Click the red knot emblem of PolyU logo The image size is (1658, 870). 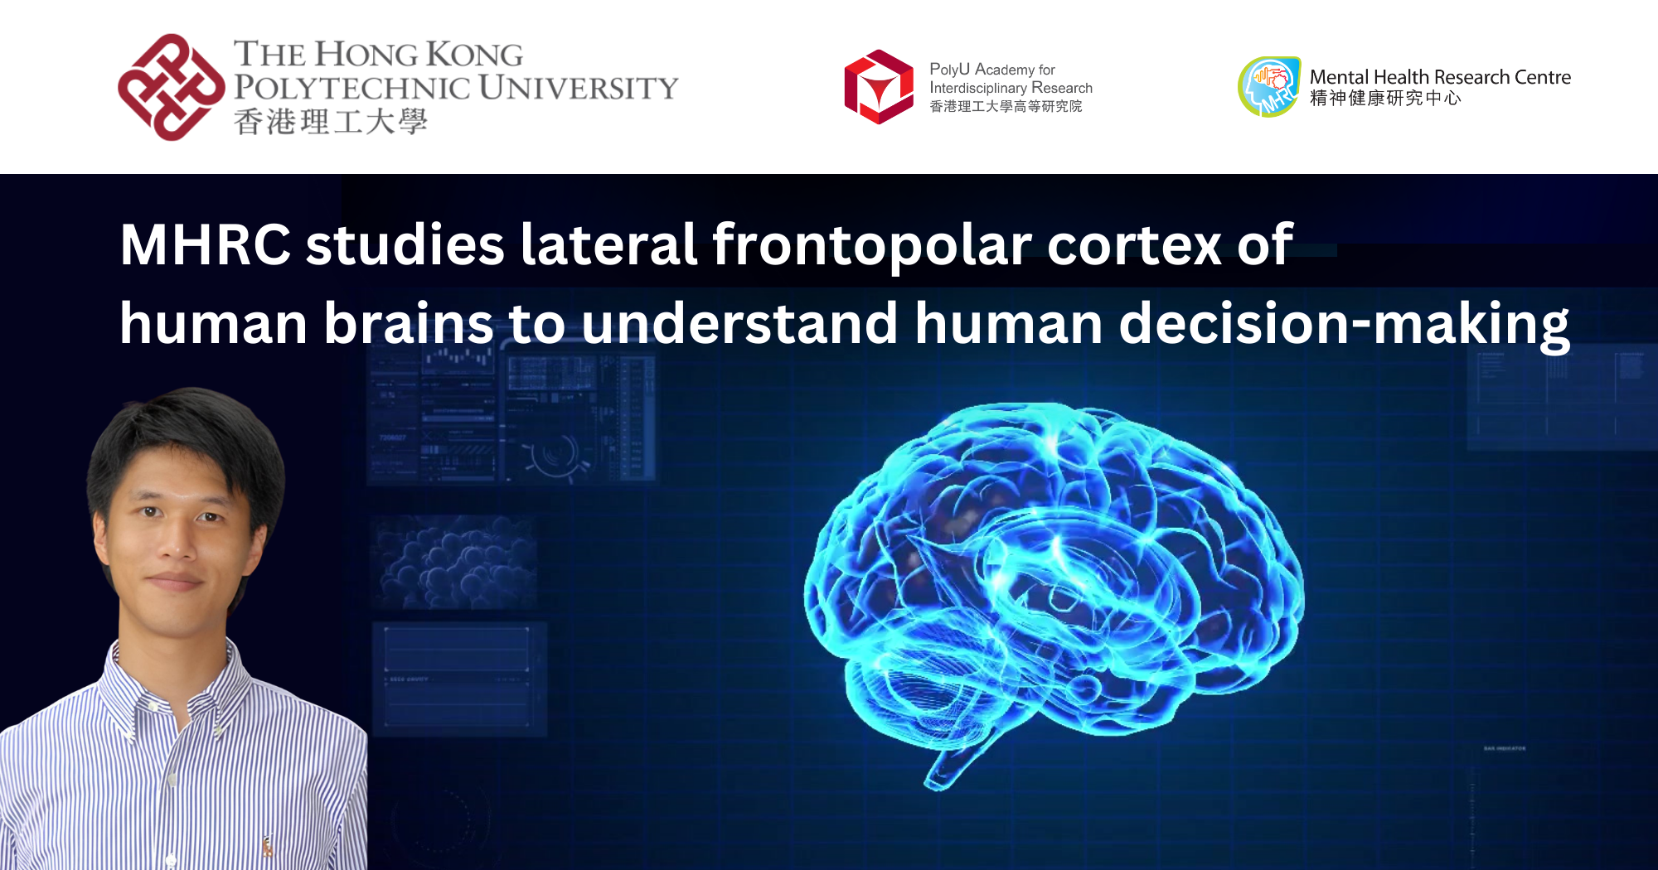tap(170, 87)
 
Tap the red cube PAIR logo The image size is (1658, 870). tap(878, 87)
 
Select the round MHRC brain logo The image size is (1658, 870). tap(1268, 87)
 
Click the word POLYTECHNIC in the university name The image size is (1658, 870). tap(351, 88)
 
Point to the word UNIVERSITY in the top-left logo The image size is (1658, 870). tap(578, 88)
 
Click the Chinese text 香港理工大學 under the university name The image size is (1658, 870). tap(330, 122)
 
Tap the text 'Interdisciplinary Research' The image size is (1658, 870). tap(1011, 88)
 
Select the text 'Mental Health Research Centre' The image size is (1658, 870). tap(1440, 77)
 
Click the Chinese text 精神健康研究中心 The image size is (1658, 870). tap(1384, 99)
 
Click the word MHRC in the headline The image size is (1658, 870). tap(205, 245)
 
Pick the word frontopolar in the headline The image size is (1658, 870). tap(871, 245)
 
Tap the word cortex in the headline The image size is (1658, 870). tap(1134, 245)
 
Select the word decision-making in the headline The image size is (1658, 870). tap(1343, 324)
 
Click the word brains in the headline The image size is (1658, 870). tap(408, 324)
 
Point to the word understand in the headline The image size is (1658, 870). tap(739, 324)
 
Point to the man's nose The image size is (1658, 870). tap(176, 543)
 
